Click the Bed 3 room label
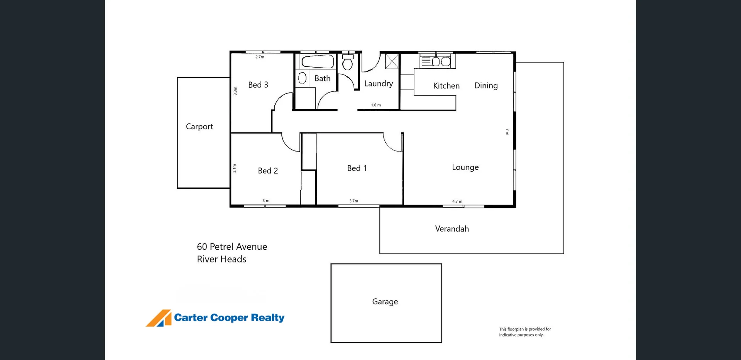click(258, 85)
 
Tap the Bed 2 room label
click(268, 171)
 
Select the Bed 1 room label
click(357, 168)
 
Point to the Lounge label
click(465, 167)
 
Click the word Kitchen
click(446, 86)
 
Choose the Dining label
click(486, 86)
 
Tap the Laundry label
click(379, 84)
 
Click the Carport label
click(199, 127)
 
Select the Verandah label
click(452, 229)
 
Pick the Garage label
click(385, 302)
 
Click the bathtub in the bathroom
click(318, 62)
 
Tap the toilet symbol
click(348, 62)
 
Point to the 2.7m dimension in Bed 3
click(260, 57)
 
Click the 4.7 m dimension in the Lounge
click(457, 201)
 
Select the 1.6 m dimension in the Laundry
click(376, 105)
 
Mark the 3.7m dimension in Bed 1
click(354, 201)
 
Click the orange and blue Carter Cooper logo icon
click(159, 318)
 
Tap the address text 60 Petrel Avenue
click(232, 247)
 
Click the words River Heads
click(222, 259)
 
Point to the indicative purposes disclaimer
click(525, 332)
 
